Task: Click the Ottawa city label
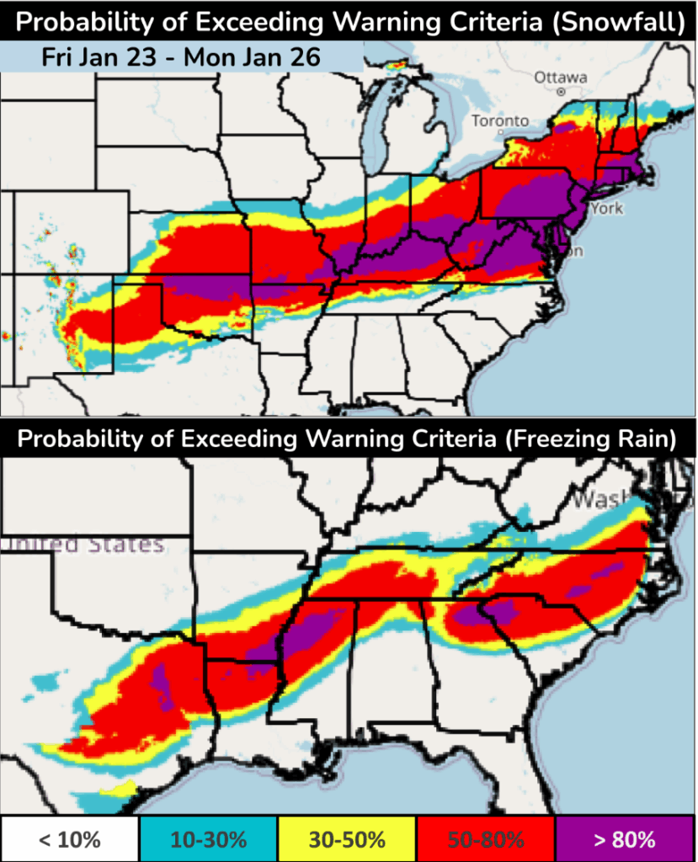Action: pyautogui.click(x=560, y=77)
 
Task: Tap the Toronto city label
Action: pyautogui.click(x=500, y=121)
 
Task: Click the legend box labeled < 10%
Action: pyautogui.click(x=69, y=838)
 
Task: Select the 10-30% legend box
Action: pyautogui.click(x=208, y=838)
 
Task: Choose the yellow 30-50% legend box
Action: pyautogui.click(x=348, y=838)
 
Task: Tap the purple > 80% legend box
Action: pyautogui.click(x=626, y=838)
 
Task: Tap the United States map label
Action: pyautogui.click(x=83, y=545)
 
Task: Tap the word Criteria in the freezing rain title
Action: pyautogui.click(x=384, y=439)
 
